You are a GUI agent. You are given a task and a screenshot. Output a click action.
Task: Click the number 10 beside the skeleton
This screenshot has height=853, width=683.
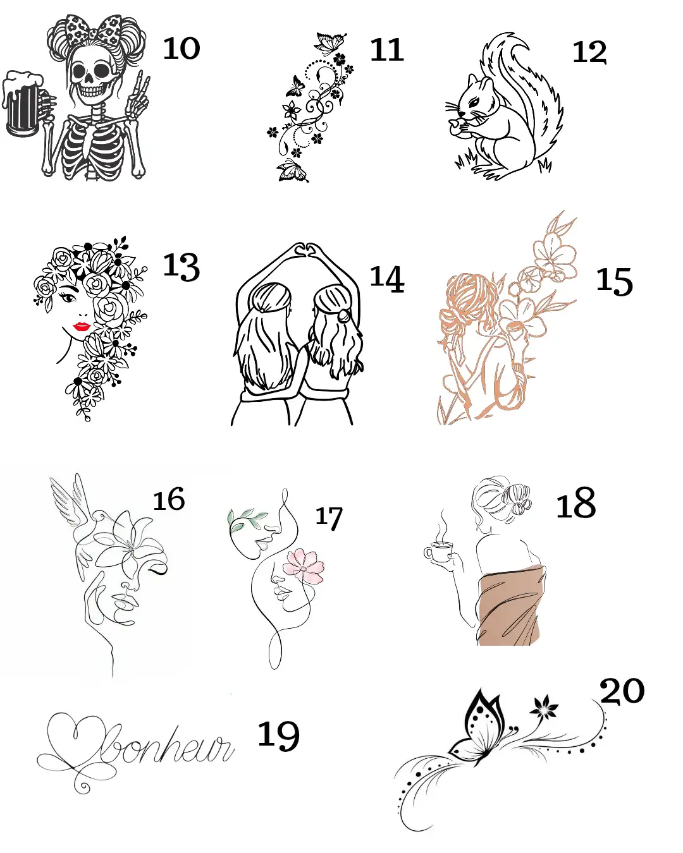tap(182, 48)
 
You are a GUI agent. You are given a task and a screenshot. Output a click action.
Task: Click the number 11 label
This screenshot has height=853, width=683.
tap(386, 49)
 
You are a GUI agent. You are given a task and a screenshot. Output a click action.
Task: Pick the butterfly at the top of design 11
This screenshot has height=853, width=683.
tap(330, 43)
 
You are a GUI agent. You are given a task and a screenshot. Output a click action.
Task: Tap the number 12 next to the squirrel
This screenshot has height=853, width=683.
tap(589, 52)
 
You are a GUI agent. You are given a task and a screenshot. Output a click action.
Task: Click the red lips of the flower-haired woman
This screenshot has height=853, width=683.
tap(81, 326)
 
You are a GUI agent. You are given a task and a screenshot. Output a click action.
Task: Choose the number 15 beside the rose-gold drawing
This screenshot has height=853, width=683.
tap(614, 281)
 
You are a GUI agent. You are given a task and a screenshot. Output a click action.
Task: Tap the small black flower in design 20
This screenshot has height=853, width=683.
tap(544, 708)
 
